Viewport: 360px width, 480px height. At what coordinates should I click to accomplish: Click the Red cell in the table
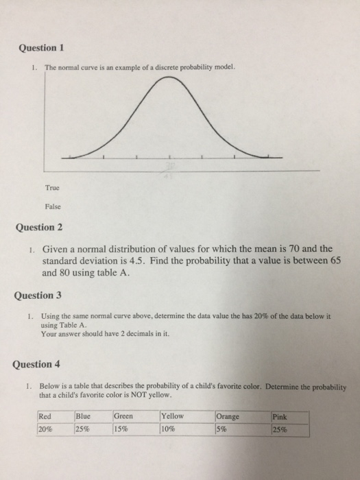(45, 416)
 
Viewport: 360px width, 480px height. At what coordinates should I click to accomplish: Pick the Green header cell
(123, 416)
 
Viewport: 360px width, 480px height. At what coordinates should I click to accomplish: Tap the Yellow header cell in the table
(172, 416)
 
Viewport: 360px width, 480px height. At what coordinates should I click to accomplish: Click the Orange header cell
(228, 416)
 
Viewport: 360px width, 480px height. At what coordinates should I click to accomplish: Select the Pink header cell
(280, 416)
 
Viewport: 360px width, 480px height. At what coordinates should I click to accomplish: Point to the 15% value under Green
(122, 429)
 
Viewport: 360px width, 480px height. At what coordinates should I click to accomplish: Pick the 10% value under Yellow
(169, 429)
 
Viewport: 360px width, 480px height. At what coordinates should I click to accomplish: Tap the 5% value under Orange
(224, 429)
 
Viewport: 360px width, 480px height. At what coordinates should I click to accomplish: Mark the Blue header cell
(83, 416)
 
